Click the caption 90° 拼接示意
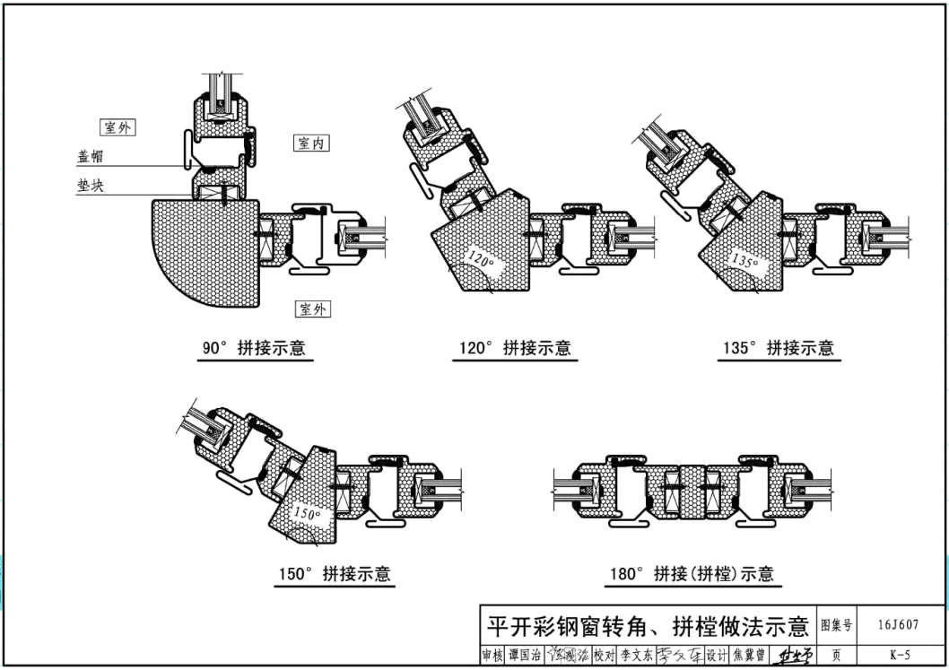[254, 348]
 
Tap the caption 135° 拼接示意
[778, 348]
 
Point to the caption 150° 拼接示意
[334, 574]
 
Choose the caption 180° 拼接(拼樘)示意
[692, 574]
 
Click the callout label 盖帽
[91, 156]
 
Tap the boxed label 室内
[311, 144]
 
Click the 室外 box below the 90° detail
[313, 309]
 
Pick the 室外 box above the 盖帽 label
[118, 127]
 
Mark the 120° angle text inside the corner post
[481, 261]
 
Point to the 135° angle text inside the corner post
[744, 261]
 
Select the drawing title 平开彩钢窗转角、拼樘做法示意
[647, 625]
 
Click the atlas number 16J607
[900, 625]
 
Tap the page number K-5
[900, 657]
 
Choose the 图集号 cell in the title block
[836, 625]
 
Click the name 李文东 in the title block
[636, 657]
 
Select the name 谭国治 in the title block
[523, 657]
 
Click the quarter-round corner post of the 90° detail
[202, 251]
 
